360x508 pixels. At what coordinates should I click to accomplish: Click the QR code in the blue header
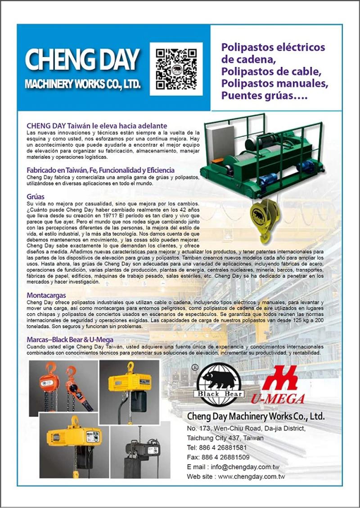pos(176,69)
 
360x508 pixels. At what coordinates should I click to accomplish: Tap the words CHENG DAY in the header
pos(82,59)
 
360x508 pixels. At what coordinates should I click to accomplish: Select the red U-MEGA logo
pos(282,385)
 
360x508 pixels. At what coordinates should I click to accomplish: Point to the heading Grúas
pos(36,197)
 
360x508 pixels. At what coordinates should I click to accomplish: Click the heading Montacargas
pos(46,295)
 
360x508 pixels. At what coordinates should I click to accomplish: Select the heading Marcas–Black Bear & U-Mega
pos(70,340)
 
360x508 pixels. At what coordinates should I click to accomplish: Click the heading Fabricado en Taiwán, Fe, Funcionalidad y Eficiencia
pos(100,171)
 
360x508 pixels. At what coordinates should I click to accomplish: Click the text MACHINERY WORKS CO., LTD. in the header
pos(82,84)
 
